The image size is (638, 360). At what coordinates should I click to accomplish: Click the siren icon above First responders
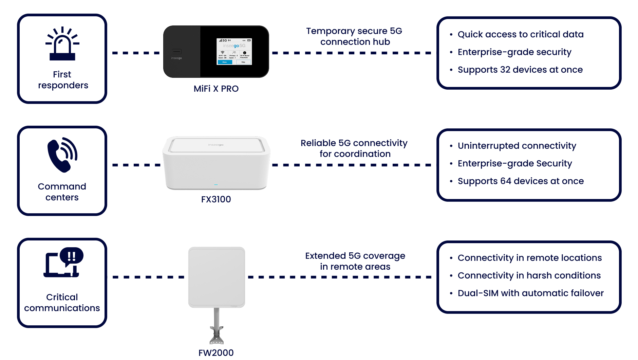click(x=62, y=44)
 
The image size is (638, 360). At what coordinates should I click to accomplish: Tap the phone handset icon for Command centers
click(x=62, y=155)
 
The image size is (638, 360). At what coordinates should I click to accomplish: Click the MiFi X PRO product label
click(x=216, y=89)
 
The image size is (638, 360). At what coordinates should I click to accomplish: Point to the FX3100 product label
click(x=216, y=199)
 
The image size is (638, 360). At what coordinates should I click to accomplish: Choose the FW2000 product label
click(x=216, y=353)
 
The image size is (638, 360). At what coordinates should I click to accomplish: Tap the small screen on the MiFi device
click(x=234, y=52)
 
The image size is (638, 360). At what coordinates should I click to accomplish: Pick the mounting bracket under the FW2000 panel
click(x=217, y=335)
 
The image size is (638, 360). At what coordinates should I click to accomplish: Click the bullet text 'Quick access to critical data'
click(x=520, y=34)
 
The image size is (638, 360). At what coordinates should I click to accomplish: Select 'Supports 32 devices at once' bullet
click(x=520, y=70)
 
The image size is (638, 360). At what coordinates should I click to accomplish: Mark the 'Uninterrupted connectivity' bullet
click(x=517, y=146)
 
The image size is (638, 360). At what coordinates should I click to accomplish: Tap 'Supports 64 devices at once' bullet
click(x=521, y=181)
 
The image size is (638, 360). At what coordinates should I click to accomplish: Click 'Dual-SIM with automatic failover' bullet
click(x=530, y=293)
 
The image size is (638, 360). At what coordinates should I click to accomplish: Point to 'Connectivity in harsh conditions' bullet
click(x=529, y=275)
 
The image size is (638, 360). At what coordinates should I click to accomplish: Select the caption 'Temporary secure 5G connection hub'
click(x=354, y=36)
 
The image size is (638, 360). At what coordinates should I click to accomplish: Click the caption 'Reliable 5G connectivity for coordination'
click(x=354, y=148)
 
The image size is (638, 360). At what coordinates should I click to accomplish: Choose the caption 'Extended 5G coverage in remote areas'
click(x=355, y=261)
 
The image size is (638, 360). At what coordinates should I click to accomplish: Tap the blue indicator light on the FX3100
click(x=216, y=185)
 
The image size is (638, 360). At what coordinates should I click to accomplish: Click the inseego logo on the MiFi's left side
click(x=176, y=58)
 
